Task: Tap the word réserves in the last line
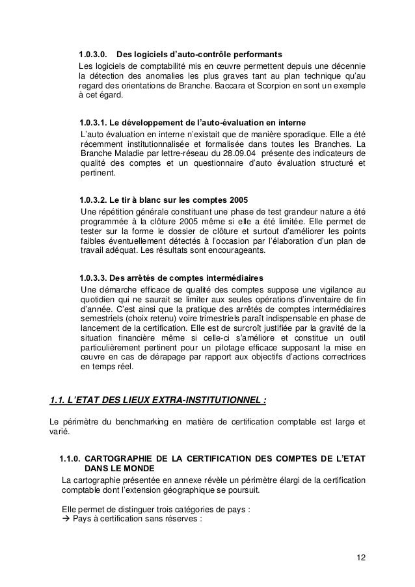(185, 519)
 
